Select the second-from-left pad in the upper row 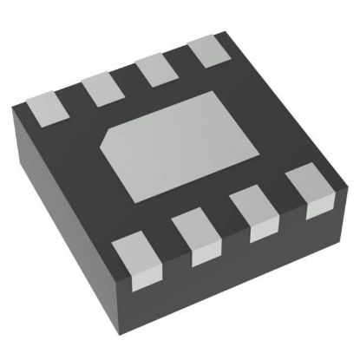click(x=100, y=88)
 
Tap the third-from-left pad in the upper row click(x=155, y=69)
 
